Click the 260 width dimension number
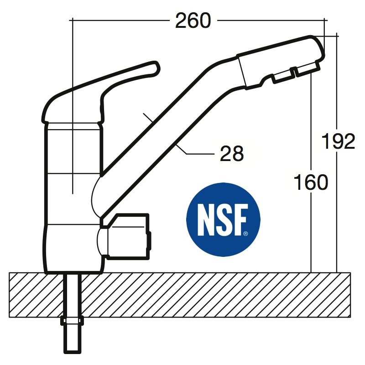pos(193,21)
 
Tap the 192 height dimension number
pos(338,141)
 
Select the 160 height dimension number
pos(311,182)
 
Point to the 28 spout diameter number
pos(232,153)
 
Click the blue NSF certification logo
pos(223,219)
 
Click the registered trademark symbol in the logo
pos(245,234)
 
